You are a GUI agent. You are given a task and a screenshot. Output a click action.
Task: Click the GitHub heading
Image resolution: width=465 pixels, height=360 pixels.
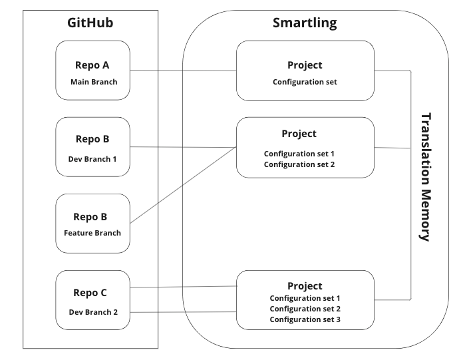(90, 23)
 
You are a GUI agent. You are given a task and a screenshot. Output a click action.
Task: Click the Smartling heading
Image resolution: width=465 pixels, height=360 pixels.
(305, 23)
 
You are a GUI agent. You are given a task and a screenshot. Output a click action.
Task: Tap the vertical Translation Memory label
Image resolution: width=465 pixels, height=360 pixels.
(426, 177)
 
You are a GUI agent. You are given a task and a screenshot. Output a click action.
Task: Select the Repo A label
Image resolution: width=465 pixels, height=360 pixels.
(92, 65)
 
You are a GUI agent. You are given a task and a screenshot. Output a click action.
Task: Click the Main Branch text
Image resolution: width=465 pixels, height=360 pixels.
(94, 82)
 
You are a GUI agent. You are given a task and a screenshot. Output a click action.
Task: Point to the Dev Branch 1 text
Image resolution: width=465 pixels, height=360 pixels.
(92, 159)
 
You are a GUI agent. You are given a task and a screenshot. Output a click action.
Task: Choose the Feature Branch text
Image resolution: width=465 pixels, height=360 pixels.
(92, 233)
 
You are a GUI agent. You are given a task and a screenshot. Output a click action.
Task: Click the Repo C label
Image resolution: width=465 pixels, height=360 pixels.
(90, 293)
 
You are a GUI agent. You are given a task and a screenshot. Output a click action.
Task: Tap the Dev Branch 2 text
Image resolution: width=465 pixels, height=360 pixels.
(93, 312)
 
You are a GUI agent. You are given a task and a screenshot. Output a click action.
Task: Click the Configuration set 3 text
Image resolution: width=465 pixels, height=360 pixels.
(305, 319)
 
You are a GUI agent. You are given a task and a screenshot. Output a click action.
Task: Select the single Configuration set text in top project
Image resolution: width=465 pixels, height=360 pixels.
(305, 82)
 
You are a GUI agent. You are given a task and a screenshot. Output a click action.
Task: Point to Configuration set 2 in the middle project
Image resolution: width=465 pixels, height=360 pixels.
(299, 164)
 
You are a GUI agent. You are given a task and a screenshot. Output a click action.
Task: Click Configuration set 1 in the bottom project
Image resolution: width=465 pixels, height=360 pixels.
(305, 298)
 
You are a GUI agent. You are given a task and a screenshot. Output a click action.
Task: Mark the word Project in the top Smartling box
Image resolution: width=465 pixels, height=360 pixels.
(305, 65)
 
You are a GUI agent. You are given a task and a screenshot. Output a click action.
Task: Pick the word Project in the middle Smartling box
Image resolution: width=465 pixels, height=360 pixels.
(299, 134)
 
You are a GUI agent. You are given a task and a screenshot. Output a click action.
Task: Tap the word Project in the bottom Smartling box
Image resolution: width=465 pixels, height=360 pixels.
(305, 286)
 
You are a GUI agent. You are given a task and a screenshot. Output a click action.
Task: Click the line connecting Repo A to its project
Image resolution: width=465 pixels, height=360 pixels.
(183, 71)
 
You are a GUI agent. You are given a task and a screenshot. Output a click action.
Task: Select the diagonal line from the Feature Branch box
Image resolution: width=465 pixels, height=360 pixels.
(183, 185)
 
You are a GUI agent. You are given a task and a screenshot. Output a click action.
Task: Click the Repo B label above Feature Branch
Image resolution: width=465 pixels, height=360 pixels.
(90, 217)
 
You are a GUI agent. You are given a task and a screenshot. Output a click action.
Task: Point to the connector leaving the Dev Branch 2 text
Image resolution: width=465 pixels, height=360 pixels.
(183, 312)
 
